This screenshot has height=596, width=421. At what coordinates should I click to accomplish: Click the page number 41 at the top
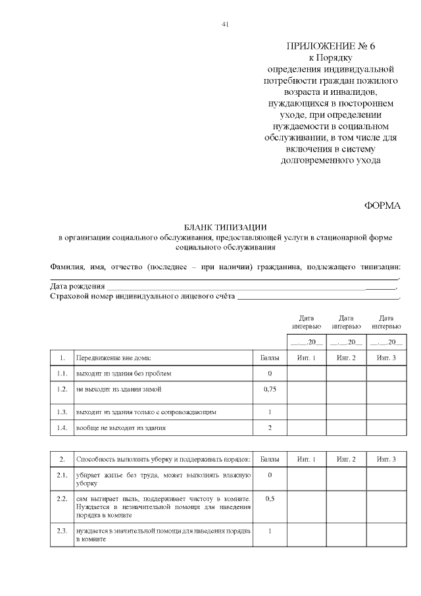click(x=225, y=24)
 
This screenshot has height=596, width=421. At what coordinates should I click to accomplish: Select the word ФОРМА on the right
click(x=382, y=205)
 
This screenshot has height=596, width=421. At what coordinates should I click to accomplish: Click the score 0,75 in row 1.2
click(x=270, y=390)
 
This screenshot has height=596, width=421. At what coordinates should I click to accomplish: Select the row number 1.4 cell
click(x=62, y=428)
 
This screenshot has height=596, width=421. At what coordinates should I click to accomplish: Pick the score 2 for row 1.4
click(x=270, y=428)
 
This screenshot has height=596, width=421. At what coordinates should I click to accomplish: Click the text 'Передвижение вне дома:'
click(x=114, y=358)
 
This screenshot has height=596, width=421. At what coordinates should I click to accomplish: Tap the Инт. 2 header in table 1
click(x=346, y=358)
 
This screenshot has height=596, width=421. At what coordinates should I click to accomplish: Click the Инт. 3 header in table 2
click(x=386, y=458)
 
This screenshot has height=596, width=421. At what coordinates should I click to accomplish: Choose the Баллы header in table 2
click(x=270, y=458)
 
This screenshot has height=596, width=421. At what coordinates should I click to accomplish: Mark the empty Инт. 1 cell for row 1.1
click(x=307, y=373)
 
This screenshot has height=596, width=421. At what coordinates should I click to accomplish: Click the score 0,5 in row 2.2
click(x=270, y=499)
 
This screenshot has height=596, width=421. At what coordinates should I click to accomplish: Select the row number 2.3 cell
click(x=62, y=531)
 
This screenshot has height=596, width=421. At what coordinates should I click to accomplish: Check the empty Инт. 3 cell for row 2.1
click(x=386, y=478)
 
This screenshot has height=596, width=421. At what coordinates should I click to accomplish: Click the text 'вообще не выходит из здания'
click(x=121, y=428)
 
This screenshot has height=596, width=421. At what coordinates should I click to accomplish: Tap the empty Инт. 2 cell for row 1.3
click(x=346, y=412)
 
